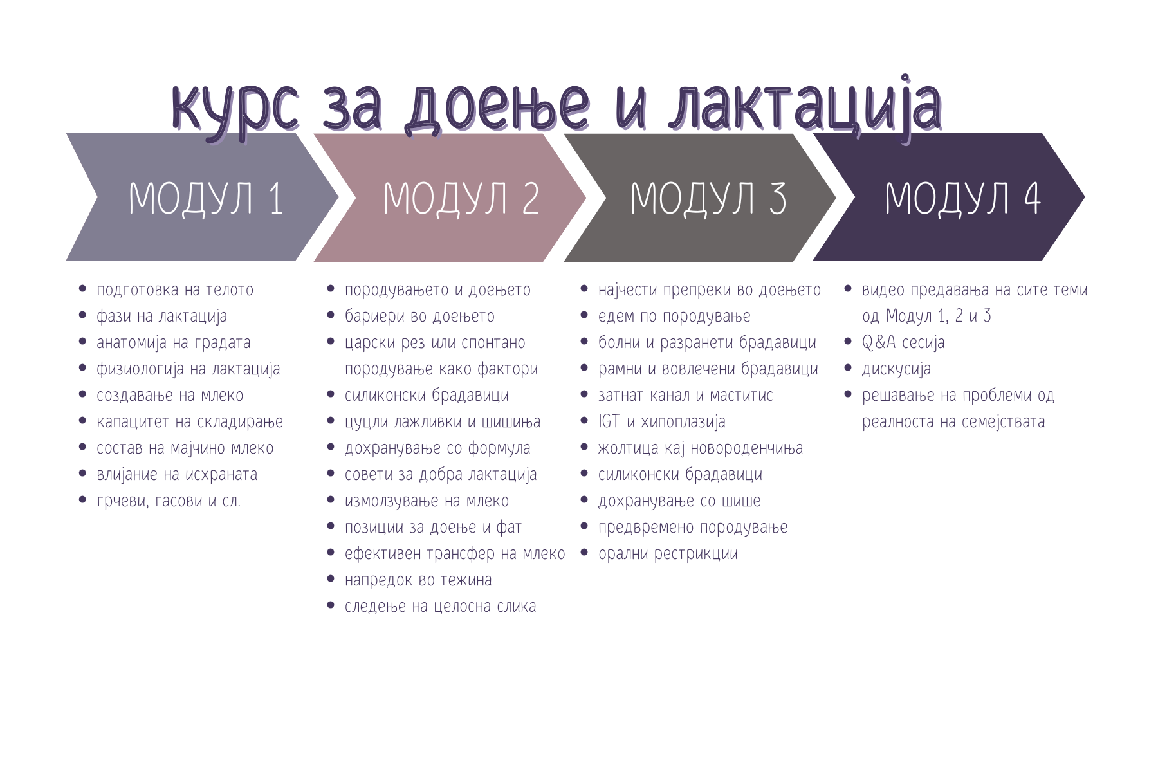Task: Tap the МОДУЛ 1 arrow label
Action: click(207, 198)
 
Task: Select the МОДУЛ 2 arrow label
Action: click(461, 198)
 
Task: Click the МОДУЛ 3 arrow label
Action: click(708, 198)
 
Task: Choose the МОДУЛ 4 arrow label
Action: click(962, 198)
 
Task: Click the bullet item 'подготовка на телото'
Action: click(175, 290)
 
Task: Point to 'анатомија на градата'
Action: click(174, 343)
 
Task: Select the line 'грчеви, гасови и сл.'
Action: click(169, 501)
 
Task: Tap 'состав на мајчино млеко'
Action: click(185, 448)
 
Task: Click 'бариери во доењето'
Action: click(419, 317)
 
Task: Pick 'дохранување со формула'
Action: click(437, 448)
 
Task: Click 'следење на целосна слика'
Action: click(440, 607)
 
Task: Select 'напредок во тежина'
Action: click(418, 580)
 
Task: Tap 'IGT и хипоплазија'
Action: click(662, 422)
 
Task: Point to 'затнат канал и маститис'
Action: click(686, 396)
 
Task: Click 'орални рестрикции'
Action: click(668, 554)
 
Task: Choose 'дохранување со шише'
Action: click(679, 501)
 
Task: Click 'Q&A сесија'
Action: click(903, 343)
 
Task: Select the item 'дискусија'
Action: click(896, 369)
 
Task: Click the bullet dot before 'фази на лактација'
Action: click(82, 315)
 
